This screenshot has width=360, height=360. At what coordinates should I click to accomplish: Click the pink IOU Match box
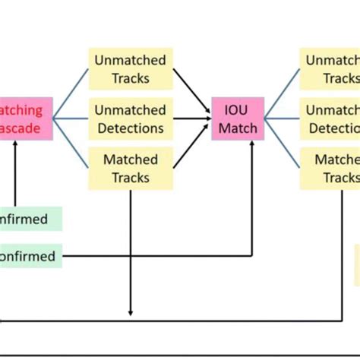(238, 118)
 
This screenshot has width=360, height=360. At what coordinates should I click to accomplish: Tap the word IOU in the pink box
(238, 109)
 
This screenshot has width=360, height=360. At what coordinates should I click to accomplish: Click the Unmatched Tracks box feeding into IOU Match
(131, 69)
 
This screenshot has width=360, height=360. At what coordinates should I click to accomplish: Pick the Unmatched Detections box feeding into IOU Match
(131, 118)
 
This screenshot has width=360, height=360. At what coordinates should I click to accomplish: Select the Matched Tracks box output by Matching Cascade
(131, 169)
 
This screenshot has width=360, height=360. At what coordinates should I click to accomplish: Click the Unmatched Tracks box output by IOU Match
(330, 69)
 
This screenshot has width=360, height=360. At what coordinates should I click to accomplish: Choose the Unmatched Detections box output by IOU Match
(330, 118)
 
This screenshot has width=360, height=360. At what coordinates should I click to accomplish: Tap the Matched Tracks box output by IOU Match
(330, 169)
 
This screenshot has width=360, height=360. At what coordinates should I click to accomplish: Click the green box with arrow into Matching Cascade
(30, 219)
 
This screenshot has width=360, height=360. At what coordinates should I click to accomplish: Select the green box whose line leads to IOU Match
(30, 256)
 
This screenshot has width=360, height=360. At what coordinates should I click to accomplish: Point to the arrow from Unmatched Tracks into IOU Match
(191, 88)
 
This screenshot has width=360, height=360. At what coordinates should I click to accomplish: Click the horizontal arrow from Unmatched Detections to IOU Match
(191, 118)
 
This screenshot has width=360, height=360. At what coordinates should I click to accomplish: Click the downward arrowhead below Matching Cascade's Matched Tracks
(131, 311)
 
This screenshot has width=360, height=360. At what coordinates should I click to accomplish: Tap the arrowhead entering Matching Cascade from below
(15, 144)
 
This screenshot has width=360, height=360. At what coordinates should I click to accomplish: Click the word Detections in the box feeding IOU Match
(131, 128)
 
